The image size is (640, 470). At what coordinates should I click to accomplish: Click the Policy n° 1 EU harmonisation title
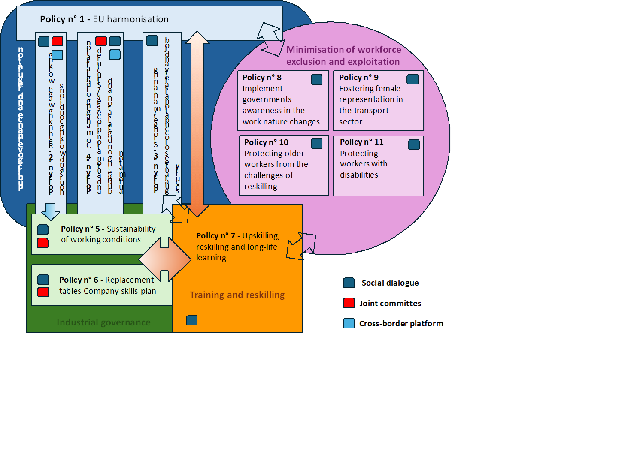pos(104,19)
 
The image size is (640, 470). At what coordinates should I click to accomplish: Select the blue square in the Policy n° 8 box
pos(316,79)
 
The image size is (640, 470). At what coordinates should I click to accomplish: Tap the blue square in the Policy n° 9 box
pos(413,79)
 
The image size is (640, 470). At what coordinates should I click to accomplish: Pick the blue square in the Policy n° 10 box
pos(316,143)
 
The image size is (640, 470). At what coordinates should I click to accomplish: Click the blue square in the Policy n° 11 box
pos(414,144)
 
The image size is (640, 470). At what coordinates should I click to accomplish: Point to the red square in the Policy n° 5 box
pos(43,243)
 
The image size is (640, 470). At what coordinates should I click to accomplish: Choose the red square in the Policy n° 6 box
pos(43,292)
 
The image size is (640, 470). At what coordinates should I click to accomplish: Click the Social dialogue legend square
pos(349,283)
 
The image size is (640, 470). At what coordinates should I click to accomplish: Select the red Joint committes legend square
pos(349,303)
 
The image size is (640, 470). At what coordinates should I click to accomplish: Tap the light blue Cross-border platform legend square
pos(349,323)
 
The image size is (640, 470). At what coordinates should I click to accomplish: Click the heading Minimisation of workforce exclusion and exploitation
pos(343,56)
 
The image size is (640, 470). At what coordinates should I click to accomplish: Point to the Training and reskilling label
pos(237,295)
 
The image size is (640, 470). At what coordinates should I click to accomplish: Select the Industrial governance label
pos(103,322)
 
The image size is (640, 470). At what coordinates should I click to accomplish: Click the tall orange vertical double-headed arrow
pos(197,124)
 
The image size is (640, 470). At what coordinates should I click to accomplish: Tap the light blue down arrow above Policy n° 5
pos(51,211)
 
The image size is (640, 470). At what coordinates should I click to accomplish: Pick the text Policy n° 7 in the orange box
pos(215,236)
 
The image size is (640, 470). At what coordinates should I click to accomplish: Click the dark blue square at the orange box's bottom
pos(192,320)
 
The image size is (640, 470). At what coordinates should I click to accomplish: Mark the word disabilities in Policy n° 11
pos(359,175)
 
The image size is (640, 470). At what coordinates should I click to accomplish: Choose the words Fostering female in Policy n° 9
pos(370,89)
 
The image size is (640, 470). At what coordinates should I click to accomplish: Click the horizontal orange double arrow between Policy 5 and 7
pos(165,259)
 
